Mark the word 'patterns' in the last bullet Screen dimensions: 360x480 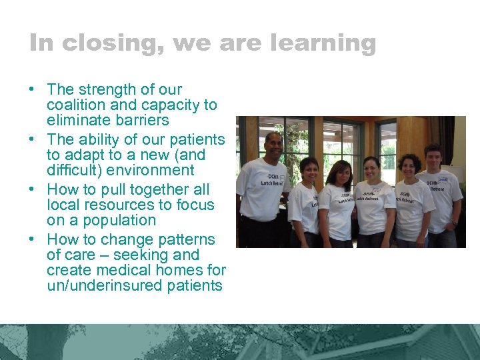pos(189,239)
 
